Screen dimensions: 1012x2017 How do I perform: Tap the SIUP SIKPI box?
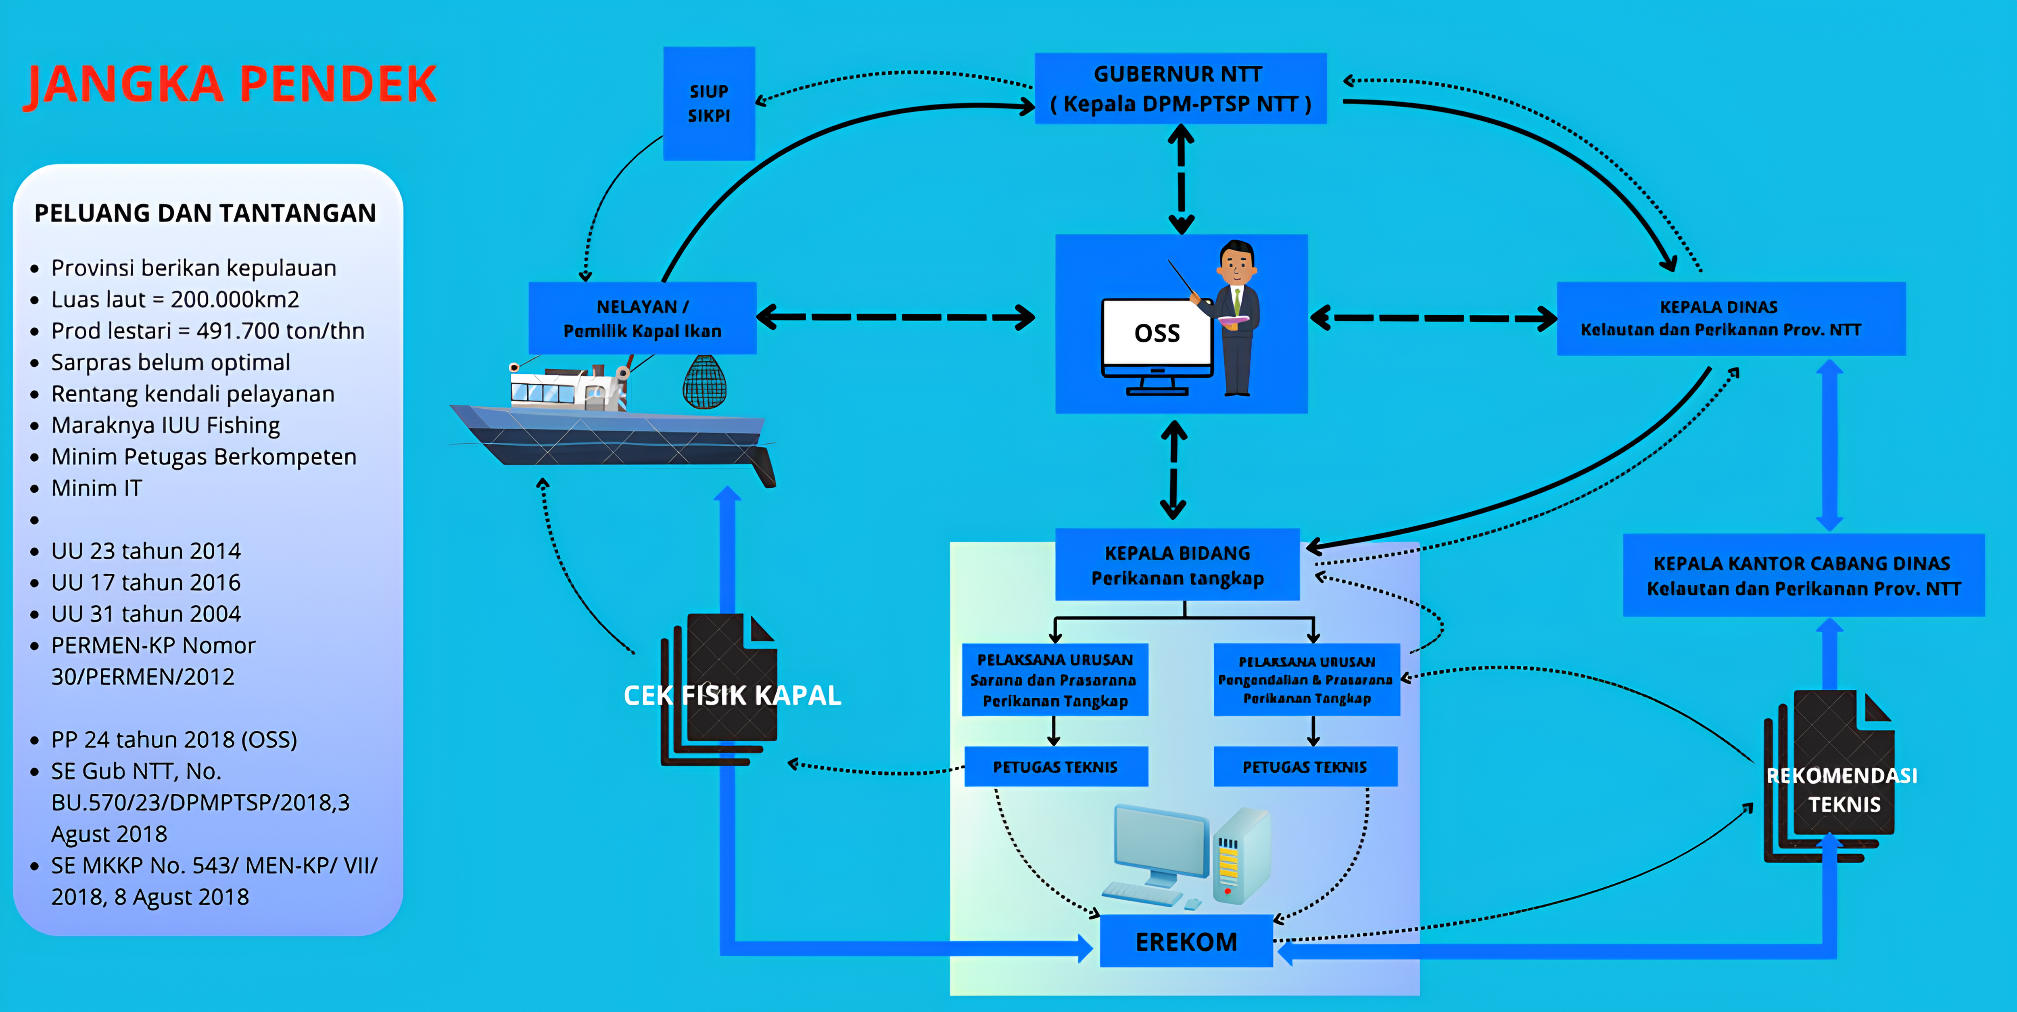(709, 103)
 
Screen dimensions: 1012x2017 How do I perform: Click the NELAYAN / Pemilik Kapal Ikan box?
(642, 318)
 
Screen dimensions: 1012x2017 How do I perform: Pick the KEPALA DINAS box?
(1731, 318)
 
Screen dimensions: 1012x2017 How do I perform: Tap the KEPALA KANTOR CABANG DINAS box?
(1803, 576)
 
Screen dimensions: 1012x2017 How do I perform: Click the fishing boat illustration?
(611, 427)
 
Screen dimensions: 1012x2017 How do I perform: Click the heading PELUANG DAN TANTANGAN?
(205, 213)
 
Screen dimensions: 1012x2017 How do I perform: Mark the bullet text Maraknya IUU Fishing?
(165, 425)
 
